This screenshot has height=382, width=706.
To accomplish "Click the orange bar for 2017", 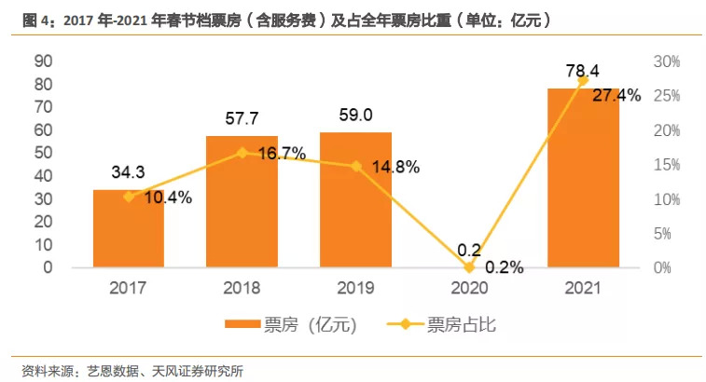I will [x=129, y=229].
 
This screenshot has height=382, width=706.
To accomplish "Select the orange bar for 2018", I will [x=242, y=202].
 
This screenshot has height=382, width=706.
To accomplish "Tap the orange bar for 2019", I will [x=355, y=200].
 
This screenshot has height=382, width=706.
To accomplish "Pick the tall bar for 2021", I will [x=583, y=178].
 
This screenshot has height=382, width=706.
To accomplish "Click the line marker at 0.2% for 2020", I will [x=469, y=266].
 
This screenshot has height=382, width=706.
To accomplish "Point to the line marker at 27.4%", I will [x=584, y=81].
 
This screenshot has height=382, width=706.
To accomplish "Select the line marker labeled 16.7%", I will [x=242, y=153].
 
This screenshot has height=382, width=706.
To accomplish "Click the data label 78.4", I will [x=583, y=70].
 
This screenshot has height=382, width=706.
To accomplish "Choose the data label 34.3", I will [x=129, y=172].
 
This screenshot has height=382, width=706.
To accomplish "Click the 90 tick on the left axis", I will [x=42, y=61].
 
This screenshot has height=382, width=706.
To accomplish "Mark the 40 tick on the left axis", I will [x=42, y=176].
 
